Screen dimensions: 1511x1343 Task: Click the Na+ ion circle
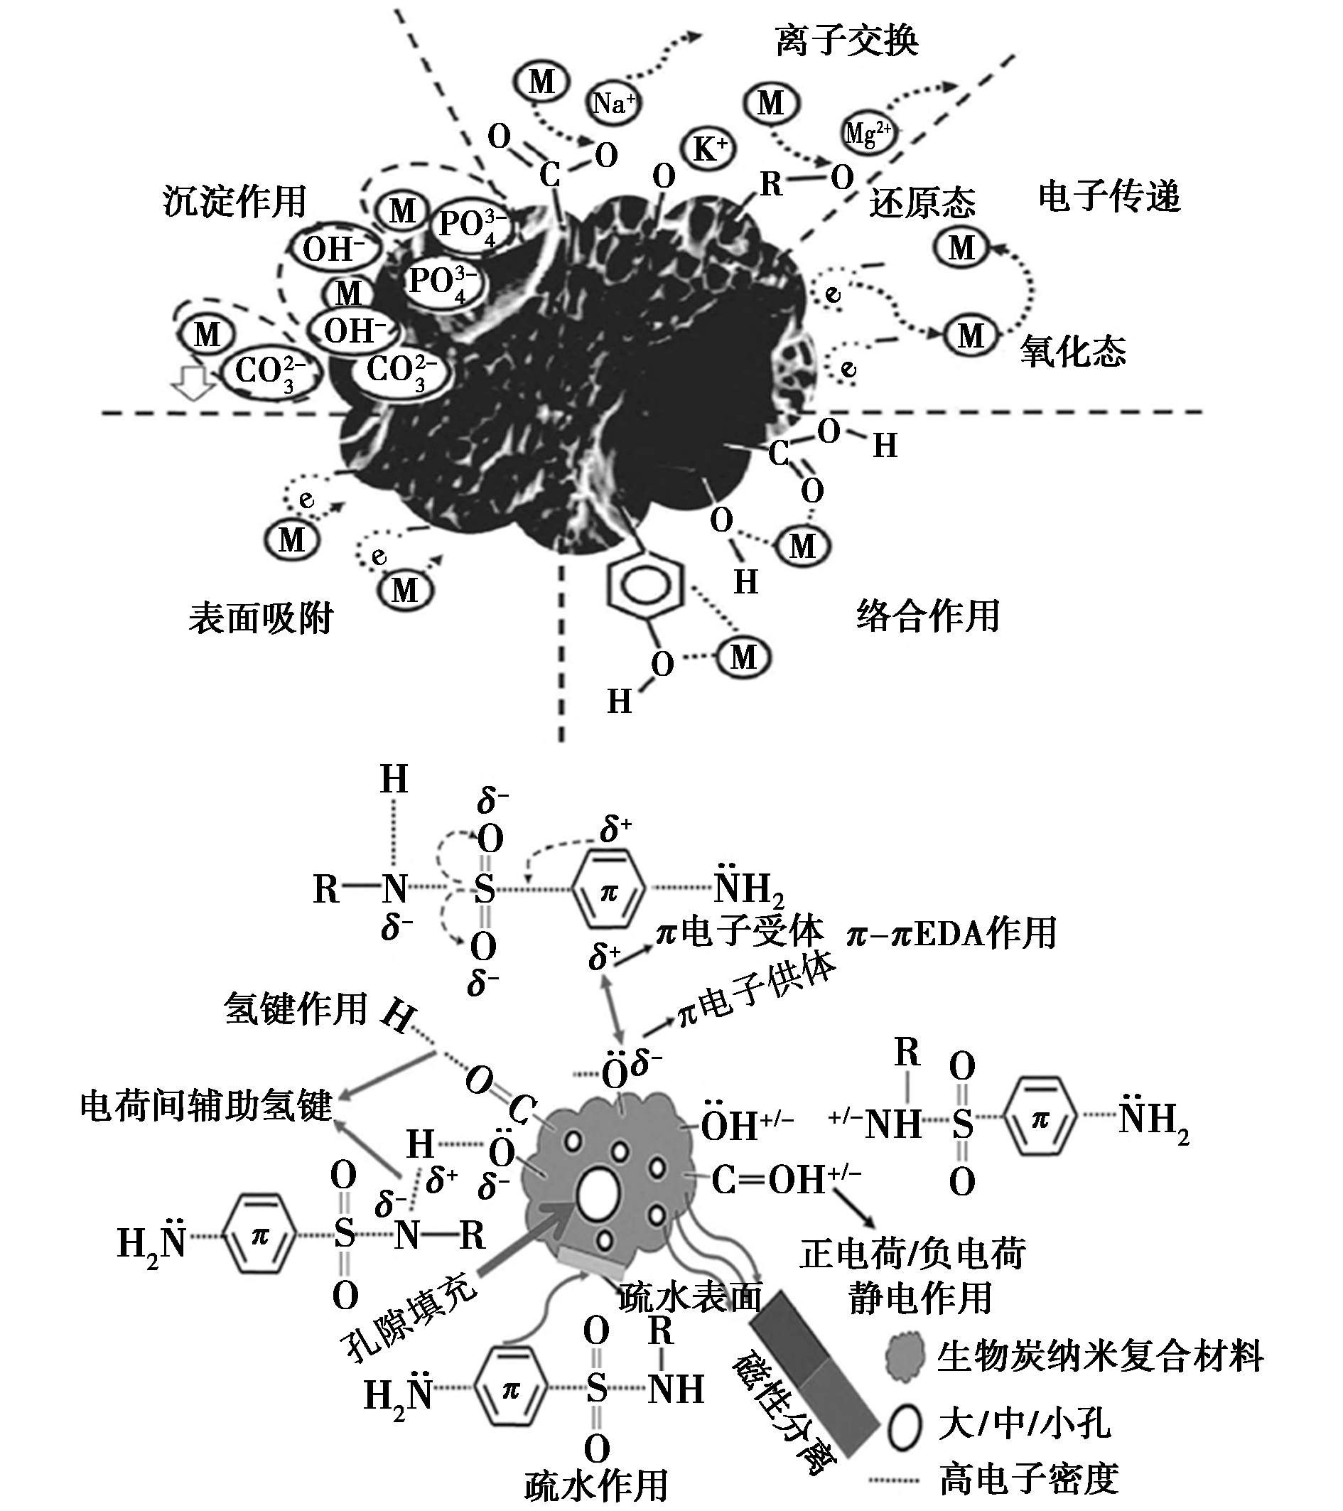click(x=613, y=104)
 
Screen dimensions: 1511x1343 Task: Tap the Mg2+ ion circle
click(x=868, y=134)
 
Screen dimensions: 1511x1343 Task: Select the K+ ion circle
click(x=711, y=150)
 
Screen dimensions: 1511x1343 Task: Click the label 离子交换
click(x=847, y=40)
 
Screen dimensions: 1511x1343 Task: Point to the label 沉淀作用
click(x=234, y=201)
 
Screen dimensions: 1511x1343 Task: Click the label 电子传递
click(x=1109, y=197)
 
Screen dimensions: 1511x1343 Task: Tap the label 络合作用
click(x=928, y=615)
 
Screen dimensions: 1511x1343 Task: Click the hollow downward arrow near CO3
click(x=193, y=382)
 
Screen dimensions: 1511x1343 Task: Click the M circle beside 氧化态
click(x=971, y=336)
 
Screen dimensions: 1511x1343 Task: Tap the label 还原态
click(x=922, y=203)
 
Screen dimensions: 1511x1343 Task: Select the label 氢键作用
click(x=296, y=1009)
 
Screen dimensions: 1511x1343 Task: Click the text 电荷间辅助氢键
click(x=206, y=1106)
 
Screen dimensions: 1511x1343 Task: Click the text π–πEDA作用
click(x=952, y=933)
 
